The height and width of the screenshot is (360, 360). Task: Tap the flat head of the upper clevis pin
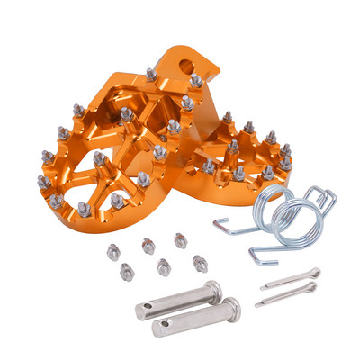click(x=213, y=290)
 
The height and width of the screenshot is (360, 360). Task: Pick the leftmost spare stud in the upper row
click(x=113, y=251)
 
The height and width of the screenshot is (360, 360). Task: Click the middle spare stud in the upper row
click(x=148, y=245)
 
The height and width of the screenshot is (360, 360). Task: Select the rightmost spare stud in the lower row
click(x=200, y=263)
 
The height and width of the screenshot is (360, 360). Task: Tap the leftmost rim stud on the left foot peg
click(x=43, y=183)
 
